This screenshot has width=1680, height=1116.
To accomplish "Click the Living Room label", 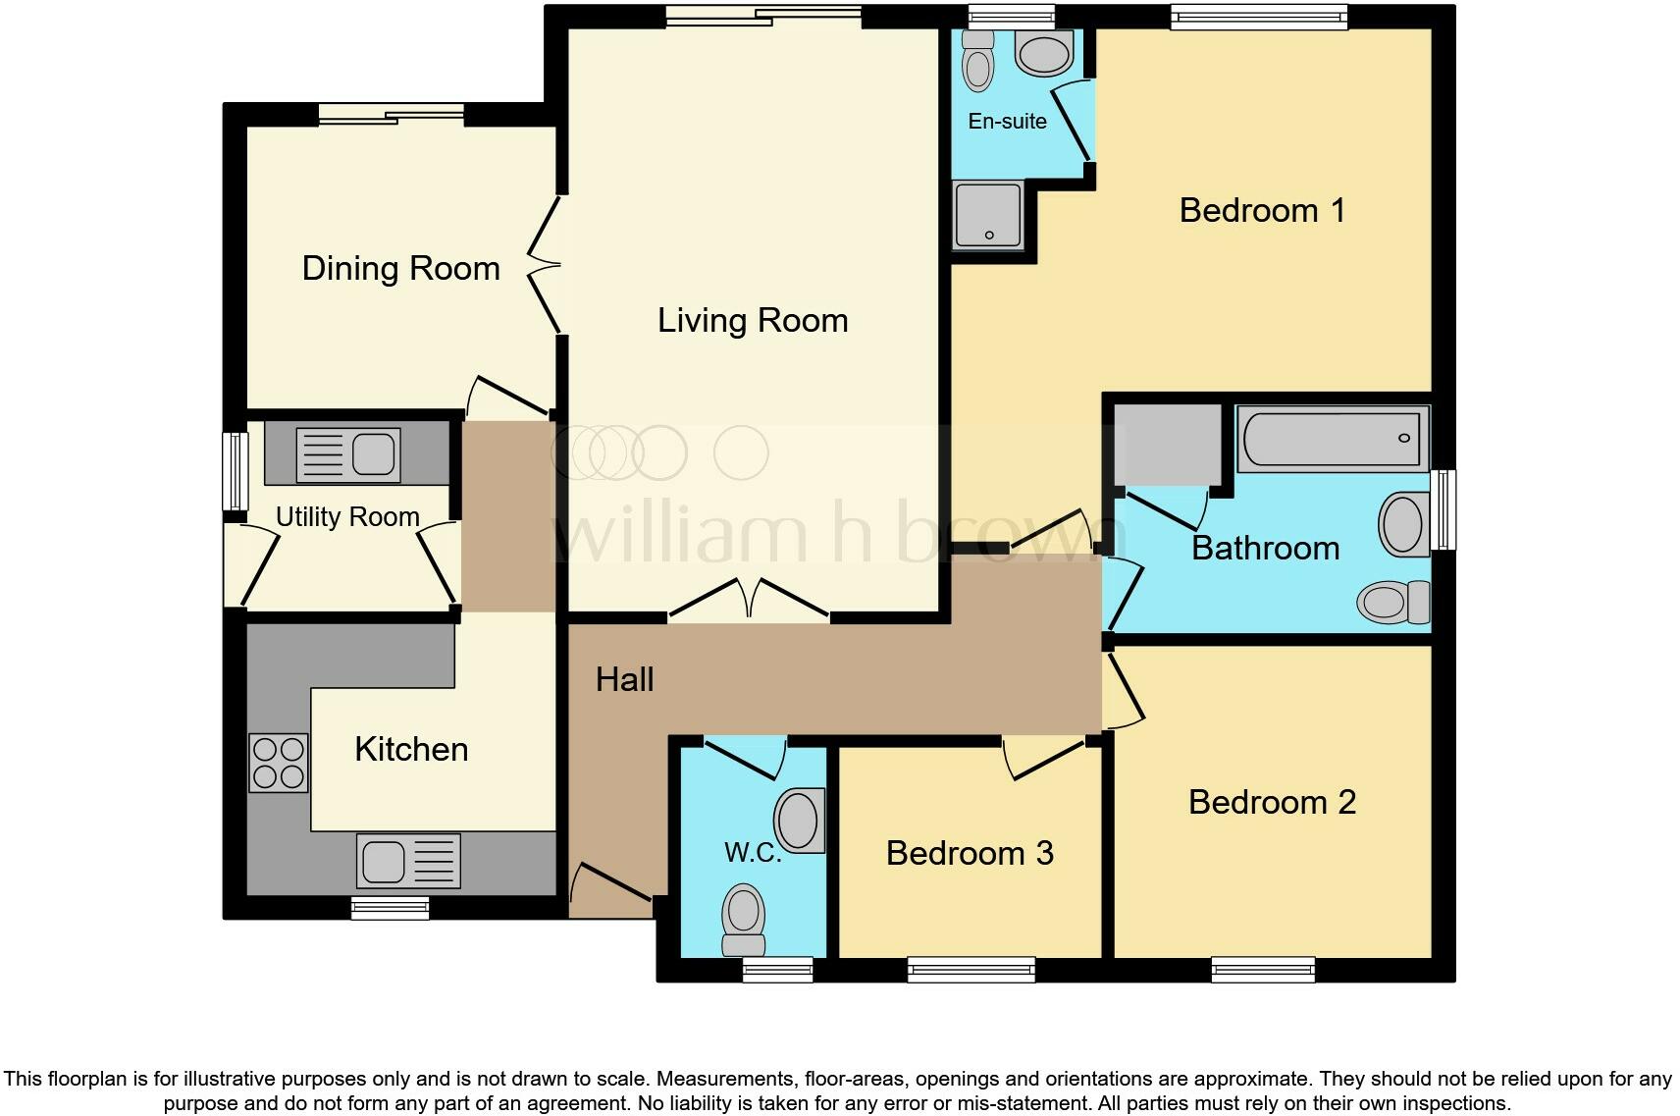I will (753, 321).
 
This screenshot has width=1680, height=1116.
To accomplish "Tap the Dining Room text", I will (400, 269).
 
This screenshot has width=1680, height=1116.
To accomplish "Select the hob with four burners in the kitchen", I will (279, 764).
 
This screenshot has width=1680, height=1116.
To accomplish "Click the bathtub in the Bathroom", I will (1332, 439).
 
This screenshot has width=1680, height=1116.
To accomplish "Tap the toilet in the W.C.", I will (743, 919).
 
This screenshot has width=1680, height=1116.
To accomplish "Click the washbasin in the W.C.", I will (799, 820).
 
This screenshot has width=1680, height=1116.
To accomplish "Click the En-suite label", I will (1007, 122).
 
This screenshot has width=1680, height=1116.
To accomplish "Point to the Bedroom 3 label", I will (970, 853).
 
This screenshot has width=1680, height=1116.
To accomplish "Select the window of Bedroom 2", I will (1263, 970).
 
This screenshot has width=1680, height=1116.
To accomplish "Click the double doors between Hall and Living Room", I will (750, 600).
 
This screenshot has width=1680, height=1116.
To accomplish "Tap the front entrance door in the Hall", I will (610, 883).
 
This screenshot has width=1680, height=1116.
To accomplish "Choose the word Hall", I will (624, 679).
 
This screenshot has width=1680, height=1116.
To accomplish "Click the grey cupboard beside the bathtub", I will (1167, 444).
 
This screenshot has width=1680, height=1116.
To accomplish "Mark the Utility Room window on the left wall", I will (235, 471).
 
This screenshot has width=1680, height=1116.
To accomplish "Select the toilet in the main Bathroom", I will (1393, 601).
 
